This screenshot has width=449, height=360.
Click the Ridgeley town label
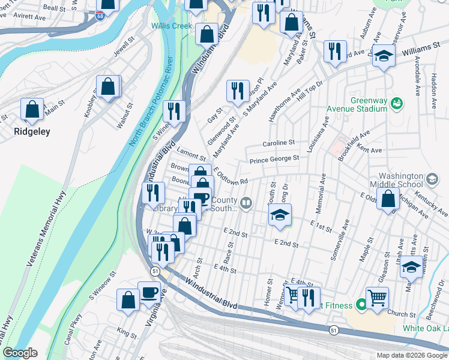[32, 131]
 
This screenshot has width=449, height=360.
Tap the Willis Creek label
[171, 26]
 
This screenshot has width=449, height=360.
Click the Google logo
[20, 353]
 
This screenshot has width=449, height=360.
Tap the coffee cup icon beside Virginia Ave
[149, 293]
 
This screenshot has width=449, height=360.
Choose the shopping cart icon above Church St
[377, 296]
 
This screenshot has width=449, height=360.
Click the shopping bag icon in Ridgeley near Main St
[32, 110]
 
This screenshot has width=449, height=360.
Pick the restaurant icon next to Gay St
[238, 91]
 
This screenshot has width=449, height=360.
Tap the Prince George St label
[274, 158]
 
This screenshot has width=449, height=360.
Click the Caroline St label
[279, 143]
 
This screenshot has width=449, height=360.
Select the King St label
[127, 331]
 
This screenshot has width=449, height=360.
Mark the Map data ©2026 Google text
[412, 355]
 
